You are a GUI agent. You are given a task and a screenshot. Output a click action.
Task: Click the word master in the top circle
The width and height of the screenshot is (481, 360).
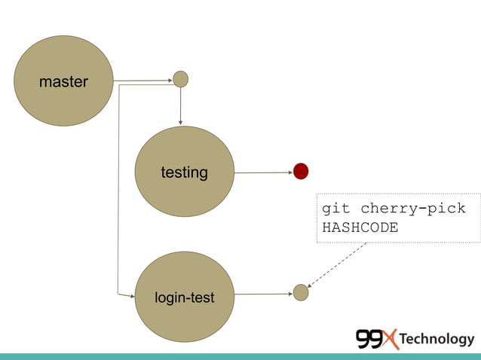click(x=63, y=81)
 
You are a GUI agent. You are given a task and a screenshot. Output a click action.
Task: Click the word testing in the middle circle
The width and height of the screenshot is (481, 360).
click(x=184, y=172)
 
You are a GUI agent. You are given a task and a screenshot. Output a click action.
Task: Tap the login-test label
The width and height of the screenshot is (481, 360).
click(x=184, y=298)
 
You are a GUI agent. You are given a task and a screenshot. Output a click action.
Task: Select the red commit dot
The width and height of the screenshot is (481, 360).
click(x=301, y=172)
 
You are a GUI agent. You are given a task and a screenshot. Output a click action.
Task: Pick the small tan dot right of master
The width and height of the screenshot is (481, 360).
click(x=180, y=78)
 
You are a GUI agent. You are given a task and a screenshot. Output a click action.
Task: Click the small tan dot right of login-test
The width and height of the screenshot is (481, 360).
click(x=301, y=292)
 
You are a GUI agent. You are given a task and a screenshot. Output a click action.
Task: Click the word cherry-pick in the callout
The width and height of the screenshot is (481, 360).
click(x=413, y=209)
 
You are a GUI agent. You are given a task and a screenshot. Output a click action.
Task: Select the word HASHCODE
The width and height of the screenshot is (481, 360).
click(x=360, y=227)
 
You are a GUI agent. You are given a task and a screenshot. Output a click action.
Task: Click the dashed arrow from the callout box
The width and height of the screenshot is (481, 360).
click(x=337, y=264)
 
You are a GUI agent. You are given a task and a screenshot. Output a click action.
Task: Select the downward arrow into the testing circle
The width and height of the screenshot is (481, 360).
click(x=180, y=105)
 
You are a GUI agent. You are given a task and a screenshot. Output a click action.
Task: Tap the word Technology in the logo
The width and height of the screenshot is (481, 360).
click(x=437, y=339)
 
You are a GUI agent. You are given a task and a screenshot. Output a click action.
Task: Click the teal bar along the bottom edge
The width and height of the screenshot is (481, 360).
click(x=240, y=356)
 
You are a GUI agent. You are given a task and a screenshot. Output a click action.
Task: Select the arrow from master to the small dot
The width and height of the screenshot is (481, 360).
click(x=143, y=80)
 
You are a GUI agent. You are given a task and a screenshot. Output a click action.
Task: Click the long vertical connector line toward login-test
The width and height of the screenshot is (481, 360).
click(x=118, y=188)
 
